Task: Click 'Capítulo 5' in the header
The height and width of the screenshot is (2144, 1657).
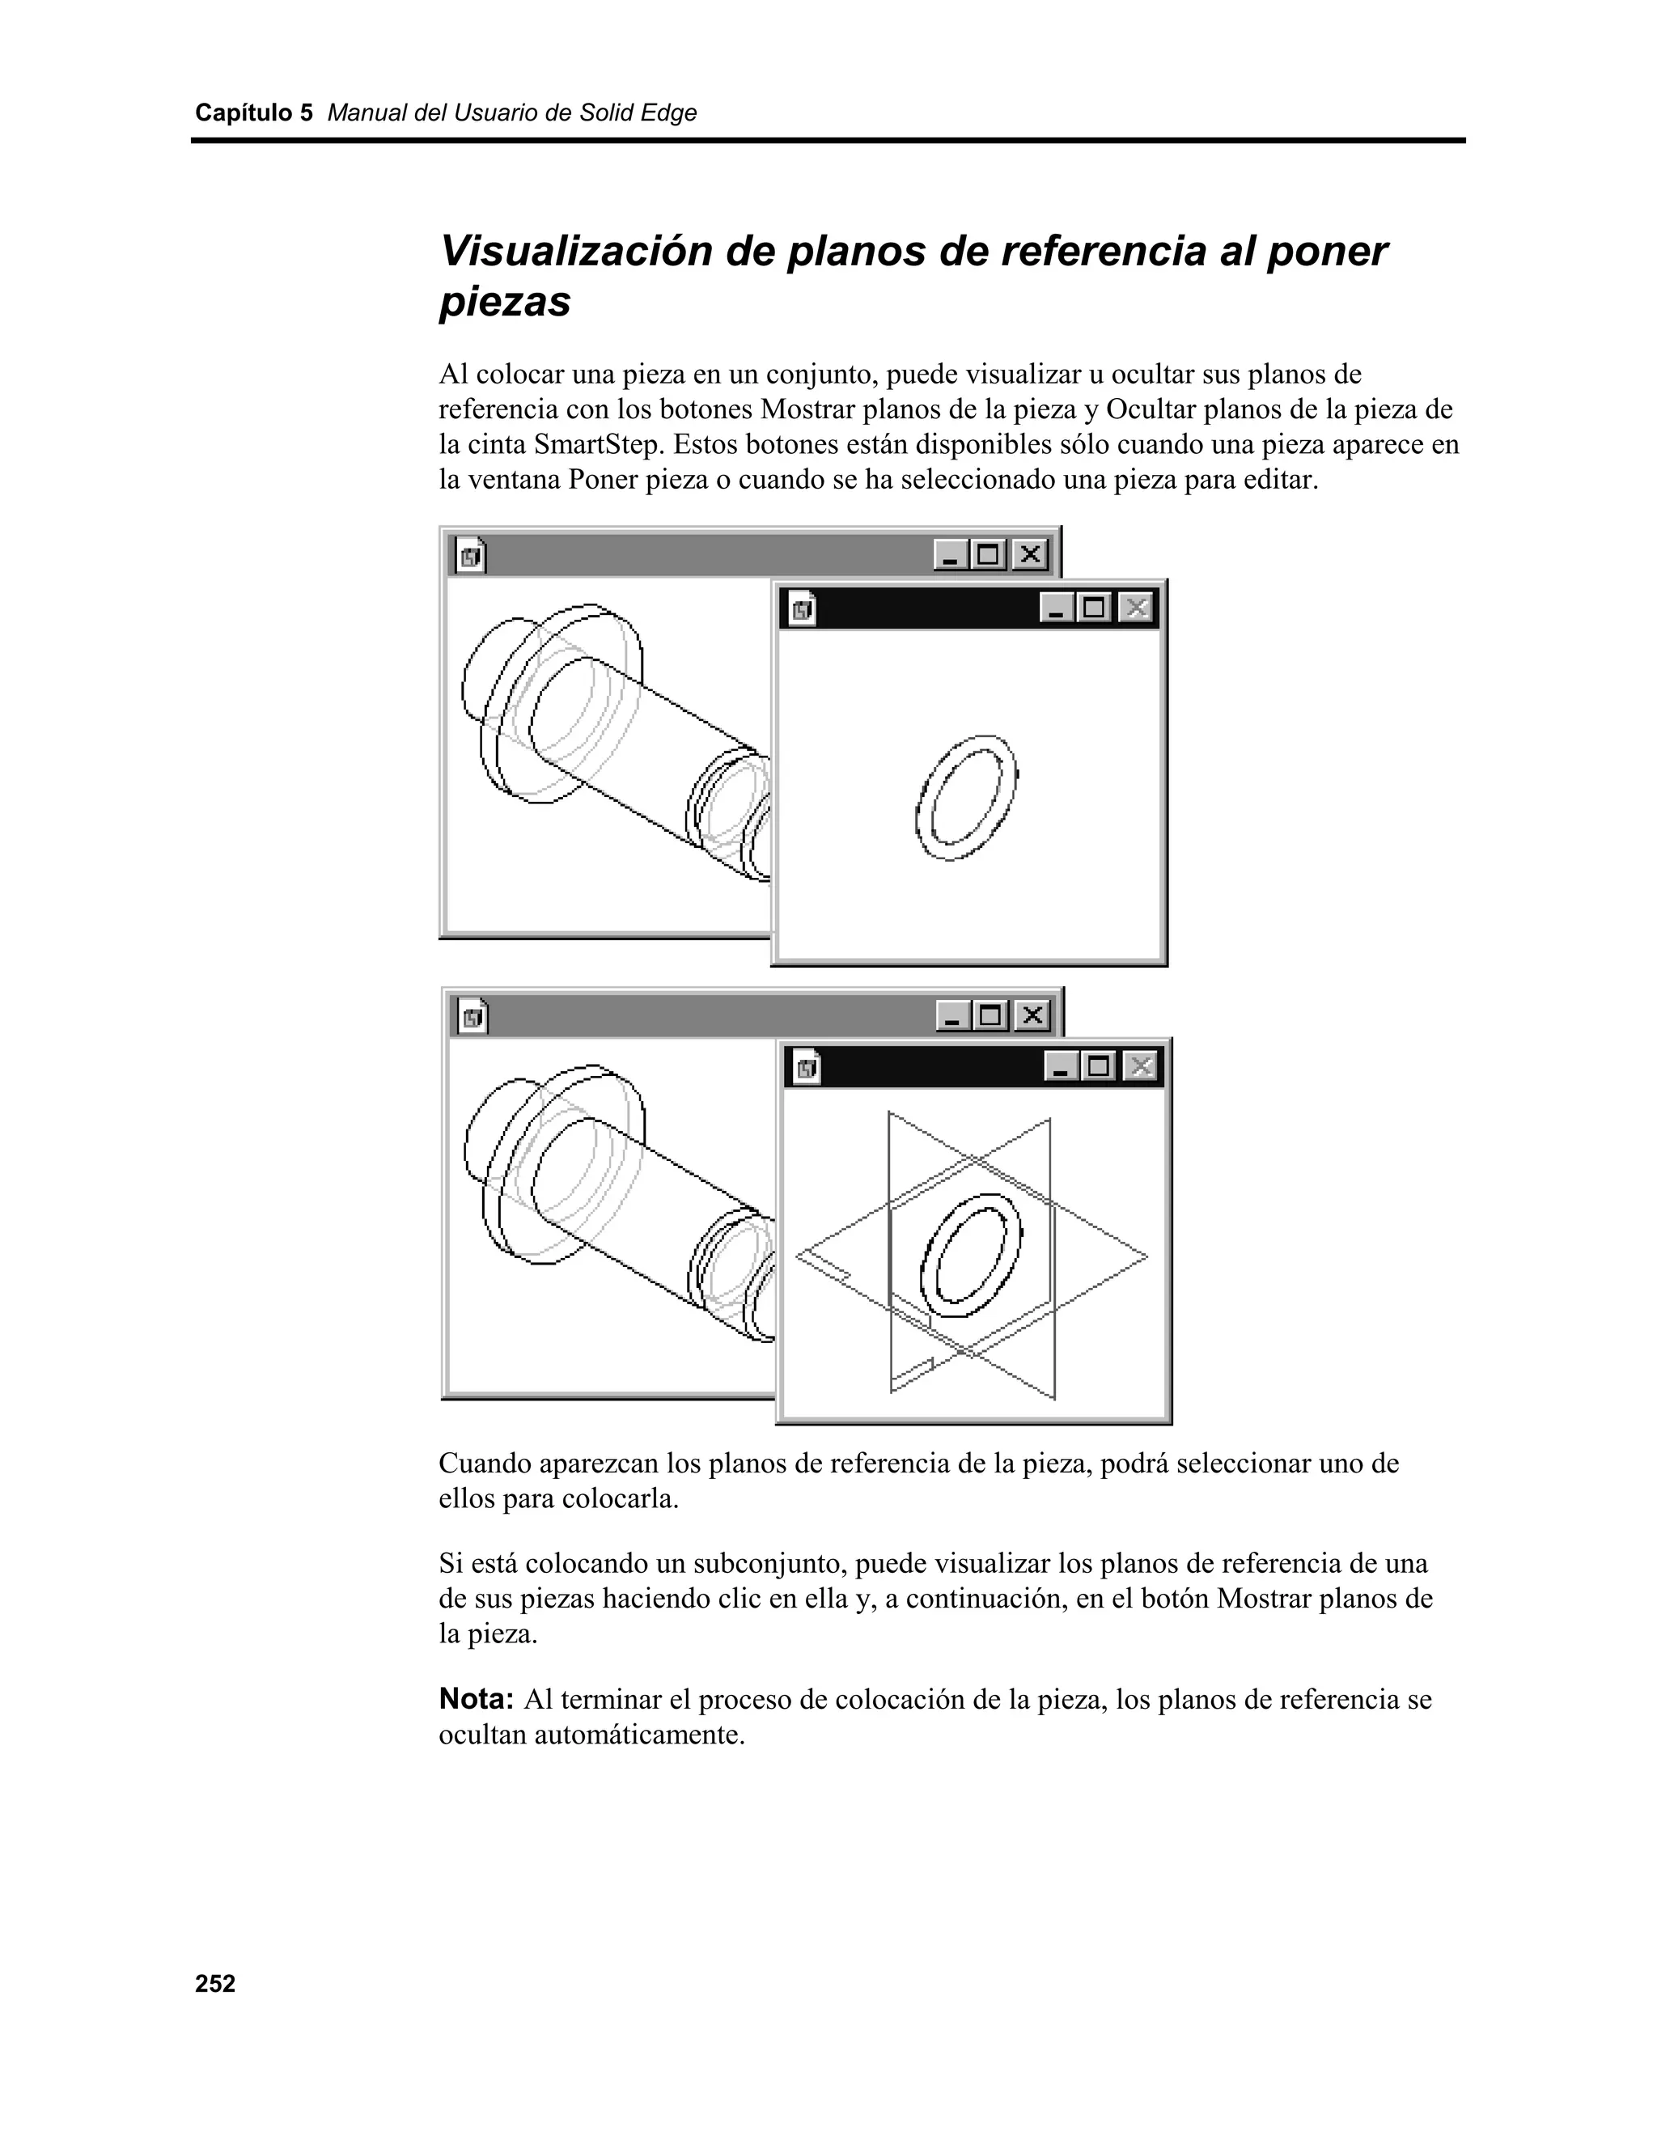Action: pos(253,113)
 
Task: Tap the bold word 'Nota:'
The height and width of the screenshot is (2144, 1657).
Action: pos(476,1699)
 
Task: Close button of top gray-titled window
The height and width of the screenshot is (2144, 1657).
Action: pos(1029,555)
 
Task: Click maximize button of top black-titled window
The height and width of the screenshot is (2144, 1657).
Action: pos(1095,608)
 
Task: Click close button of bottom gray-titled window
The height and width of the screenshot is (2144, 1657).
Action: pos(1032,1015)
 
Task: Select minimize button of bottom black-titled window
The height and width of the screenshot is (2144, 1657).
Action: pos(1060,1066)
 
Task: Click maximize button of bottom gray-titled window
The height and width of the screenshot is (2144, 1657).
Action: pos(991,1015)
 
